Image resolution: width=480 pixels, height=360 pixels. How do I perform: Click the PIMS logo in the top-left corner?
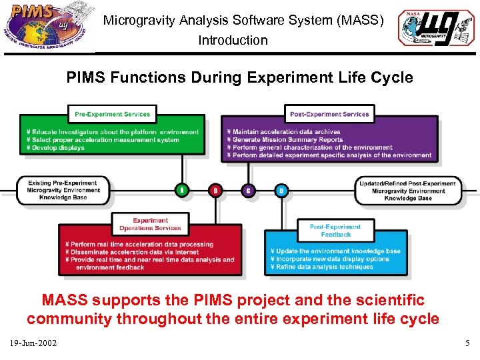point(48,27)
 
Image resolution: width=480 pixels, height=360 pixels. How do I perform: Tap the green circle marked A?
point(181,191)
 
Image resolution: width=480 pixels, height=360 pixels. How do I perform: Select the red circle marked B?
point(215,191)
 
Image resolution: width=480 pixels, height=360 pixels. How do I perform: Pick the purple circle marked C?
point(248,191)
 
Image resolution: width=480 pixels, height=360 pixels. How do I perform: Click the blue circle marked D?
point(281,191)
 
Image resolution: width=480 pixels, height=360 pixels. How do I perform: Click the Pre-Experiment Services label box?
point(112,114)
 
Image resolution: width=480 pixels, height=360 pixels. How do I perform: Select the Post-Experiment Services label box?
point(329,114)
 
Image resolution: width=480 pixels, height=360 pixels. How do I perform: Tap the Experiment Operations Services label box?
point(150,225)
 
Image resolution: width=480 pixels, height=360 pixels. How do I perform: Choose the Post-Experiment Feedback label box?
point(335,231)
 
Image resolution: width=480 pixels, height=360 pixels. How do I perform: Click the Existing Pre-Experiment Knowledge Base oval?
point(63,191)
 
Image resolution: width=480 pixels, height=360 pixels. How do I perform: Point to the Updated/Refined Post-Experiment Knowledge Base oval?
point(408,191)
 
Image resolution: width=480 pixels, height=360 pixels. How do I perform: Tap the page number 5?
point(467,343)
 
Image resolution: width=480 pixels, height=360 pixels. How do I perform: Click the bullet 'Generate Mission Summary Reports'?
point(287,140)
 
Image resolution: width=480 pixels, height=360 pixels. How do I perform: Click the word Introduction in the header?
point(233,40)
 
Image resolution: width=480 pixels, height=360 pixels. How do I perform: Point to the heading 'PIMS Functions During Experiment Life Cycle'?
point(239,77)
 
